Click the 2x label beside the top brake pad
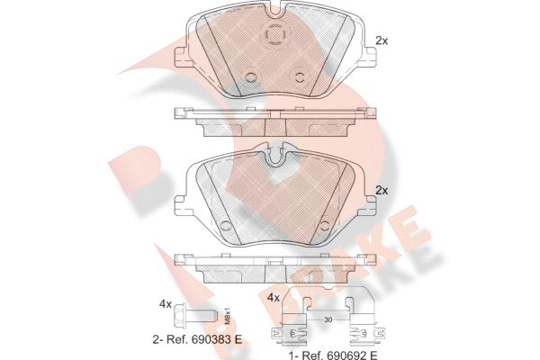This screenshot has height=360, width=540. (382, 41)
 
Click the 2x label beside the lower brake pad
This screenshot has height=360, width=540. (382, 191)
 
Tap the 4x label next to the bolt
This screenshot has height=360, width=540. (166, 304)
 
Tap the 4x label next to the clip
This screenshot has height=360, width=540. (274, 298)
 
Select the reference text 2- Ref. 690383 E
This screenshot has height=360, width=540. (197, 339)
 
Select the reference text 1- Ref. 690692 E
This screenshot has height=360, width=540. (333, 355)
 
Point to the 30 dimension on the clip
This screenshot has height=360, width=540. (328, 320)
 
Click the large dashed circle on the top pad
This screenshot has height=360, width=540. (275, 35)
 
